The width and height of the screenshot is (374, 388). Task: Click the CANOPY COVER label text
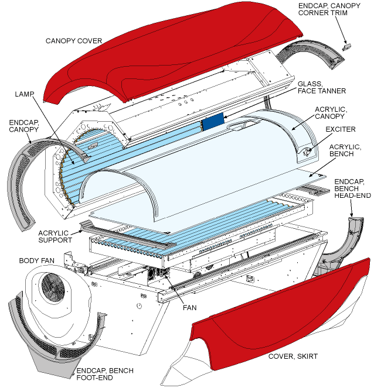click(x=74, y=41)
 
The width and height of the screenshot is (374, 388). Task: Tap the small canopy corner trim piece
click(x=346, y=44)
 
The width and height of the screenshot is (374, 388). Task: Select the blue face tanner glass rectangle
click(x=212, y=122)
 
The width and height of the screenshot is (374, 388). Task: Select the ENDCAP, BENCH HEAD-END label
click(x=352, y=188)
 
